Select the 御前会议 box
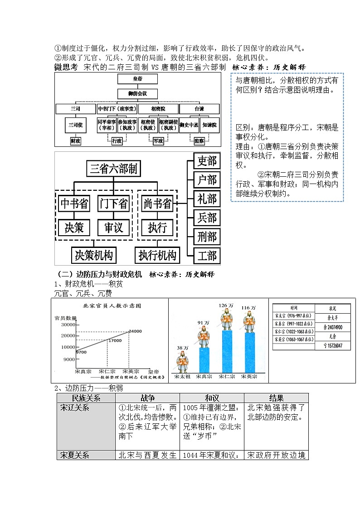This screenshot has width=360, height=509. click(x=137, y=94)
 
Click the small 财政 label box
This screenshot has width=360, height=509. click(x=76, y=141)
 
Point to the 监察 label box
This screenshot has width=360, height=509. click(x=199, y=141)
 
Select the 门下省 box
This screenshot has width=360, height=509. click(x=114, y=204)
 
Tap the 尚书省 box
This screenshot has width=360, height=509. click(x=157, y=204)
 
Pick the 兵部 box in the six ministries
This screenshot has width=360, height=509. click(x=207, y=218)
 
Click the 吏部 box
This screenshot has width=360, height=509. click(x=207, y=160)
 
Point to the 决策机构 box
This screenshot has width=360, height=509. click(x=94, y=255)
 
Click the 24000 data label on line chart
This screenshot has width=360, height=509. click(x=135, y=331)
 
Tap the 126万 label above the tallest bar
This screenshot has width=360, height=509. click(x=225, y=305)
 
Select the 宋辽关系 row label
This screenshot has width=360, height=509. click(x=75, y=407)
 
